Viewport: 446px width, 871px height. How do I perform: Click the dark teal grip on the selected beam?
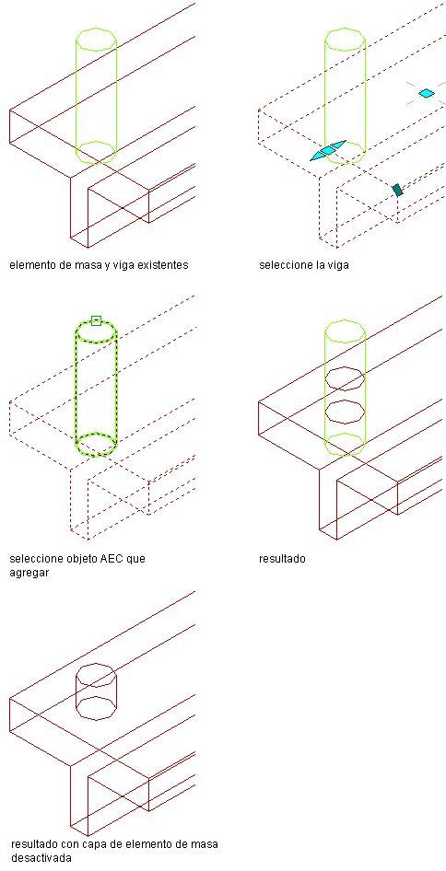(397, 190)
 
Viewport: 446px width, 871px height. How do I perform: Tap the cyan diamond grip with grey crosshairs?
(426, 93)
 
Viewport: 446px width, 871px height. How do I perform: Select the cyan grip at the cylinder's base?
(329, 150)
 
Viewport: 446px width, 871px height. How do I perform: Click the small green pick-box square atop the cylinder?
(96, 320)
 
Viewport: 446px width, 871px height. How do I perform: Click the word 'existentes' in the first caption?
(163, 265)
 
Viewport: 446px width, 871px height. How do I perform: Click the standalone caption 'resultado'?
(283, 559)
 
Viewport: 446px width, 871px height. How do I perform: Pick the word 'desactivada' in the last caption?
(41, 858)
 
